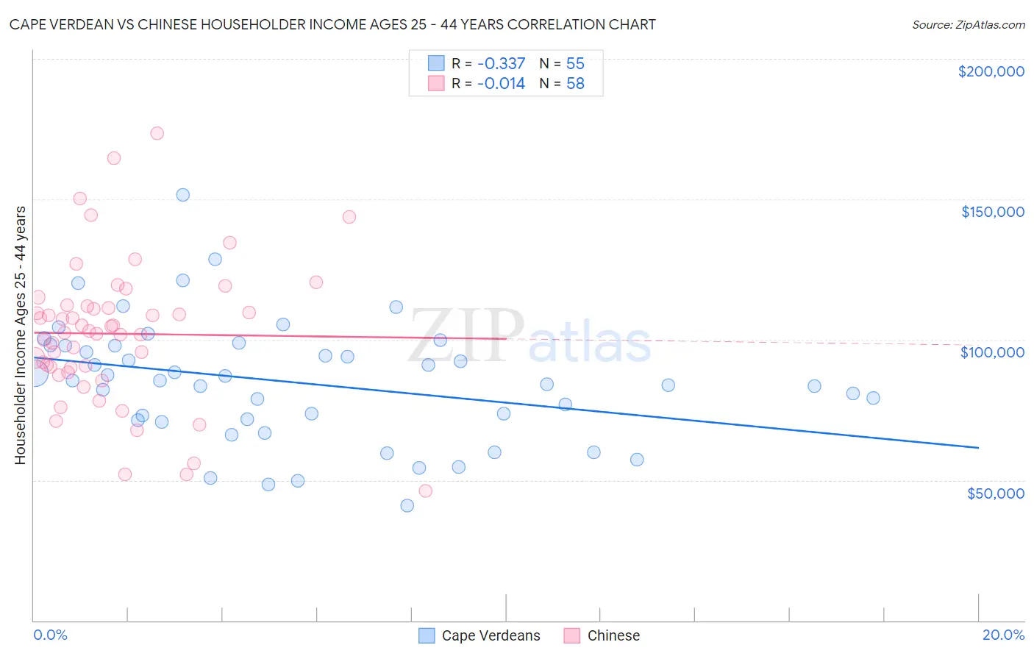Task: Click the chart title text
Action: click(x=332, y=24)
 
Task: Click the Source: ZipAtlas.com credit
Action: click(x=968, y=24)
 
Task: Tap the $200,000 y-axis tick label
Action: click(x=991, y=71)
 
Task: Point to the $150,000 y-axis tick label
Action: click(x=992, y=212)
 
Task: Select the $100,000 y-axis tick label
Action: click(x=992, y=352)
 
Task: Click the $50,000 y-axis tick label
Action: click(x=995, y=493)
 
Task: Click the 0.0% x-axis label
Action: click(x=50, y=635)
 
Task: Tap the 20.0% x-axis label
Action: click(x=1003, y=635)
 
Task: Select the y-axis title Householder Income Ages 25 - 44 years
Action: click(x=20, y=335)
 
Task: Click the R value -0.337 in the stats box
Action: click(x=501, y=63)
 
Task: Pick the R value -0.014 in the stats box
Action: click(x=501, y=83)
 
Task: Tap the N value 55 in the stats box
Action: click(x=575, y=63)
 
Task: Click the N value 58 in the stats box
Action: click(x=575, y=83)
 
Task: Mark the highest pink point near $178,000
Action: click(x=157, y=133)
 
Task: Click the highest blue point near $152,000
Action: click(x=183, y=195)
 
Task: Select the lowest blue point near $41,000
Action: click(x=407, y=505)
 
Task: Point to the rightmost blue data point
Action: click(x=873, y=398)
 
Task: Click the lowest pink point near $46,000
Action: click(x=425, y=491)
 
